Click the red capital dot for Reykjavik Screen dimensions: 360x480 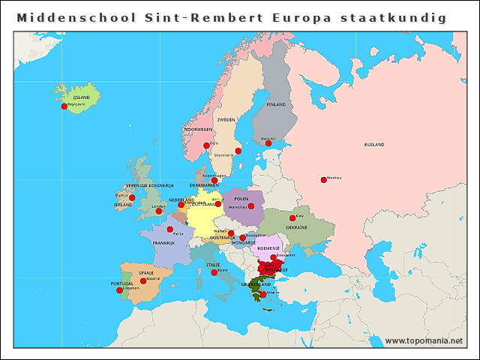[x=64, y=106]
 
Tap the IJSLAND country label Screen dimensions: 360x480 [x=81, y=97]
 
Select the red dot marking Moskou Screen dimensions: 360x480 [x=323, y=179]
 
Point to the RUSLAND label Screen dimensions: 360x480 [x=373, y=144]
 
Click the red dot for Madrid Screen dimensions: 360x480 [x=143, y=280]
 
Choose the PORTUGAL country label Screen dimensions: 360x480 [x=121, y=284]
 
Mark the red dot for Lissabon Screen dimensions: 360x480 [x=120, y=290]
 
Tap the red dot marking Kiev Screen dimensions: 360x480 [x=292, y=218]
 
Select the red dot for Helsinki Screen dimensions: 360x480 [x=268, y=143]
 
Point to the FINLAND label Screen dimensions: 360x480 [x=276, y=104]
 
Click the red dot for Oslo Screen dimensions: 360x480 [x=206, y=145]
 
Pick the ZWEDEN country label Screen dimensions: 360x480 [x=226, y=119]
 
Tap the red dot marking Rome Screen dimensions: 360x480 [x=214, y=272]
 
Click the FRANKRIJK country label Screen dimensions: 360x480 [x=163, y=243]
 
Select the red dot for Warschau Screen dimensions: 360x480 [x=251, y=206]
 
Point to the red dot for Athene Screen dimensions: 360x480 [x=262, y=295]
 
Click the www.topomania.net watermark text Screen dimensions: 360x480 [x=424, y=341]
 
